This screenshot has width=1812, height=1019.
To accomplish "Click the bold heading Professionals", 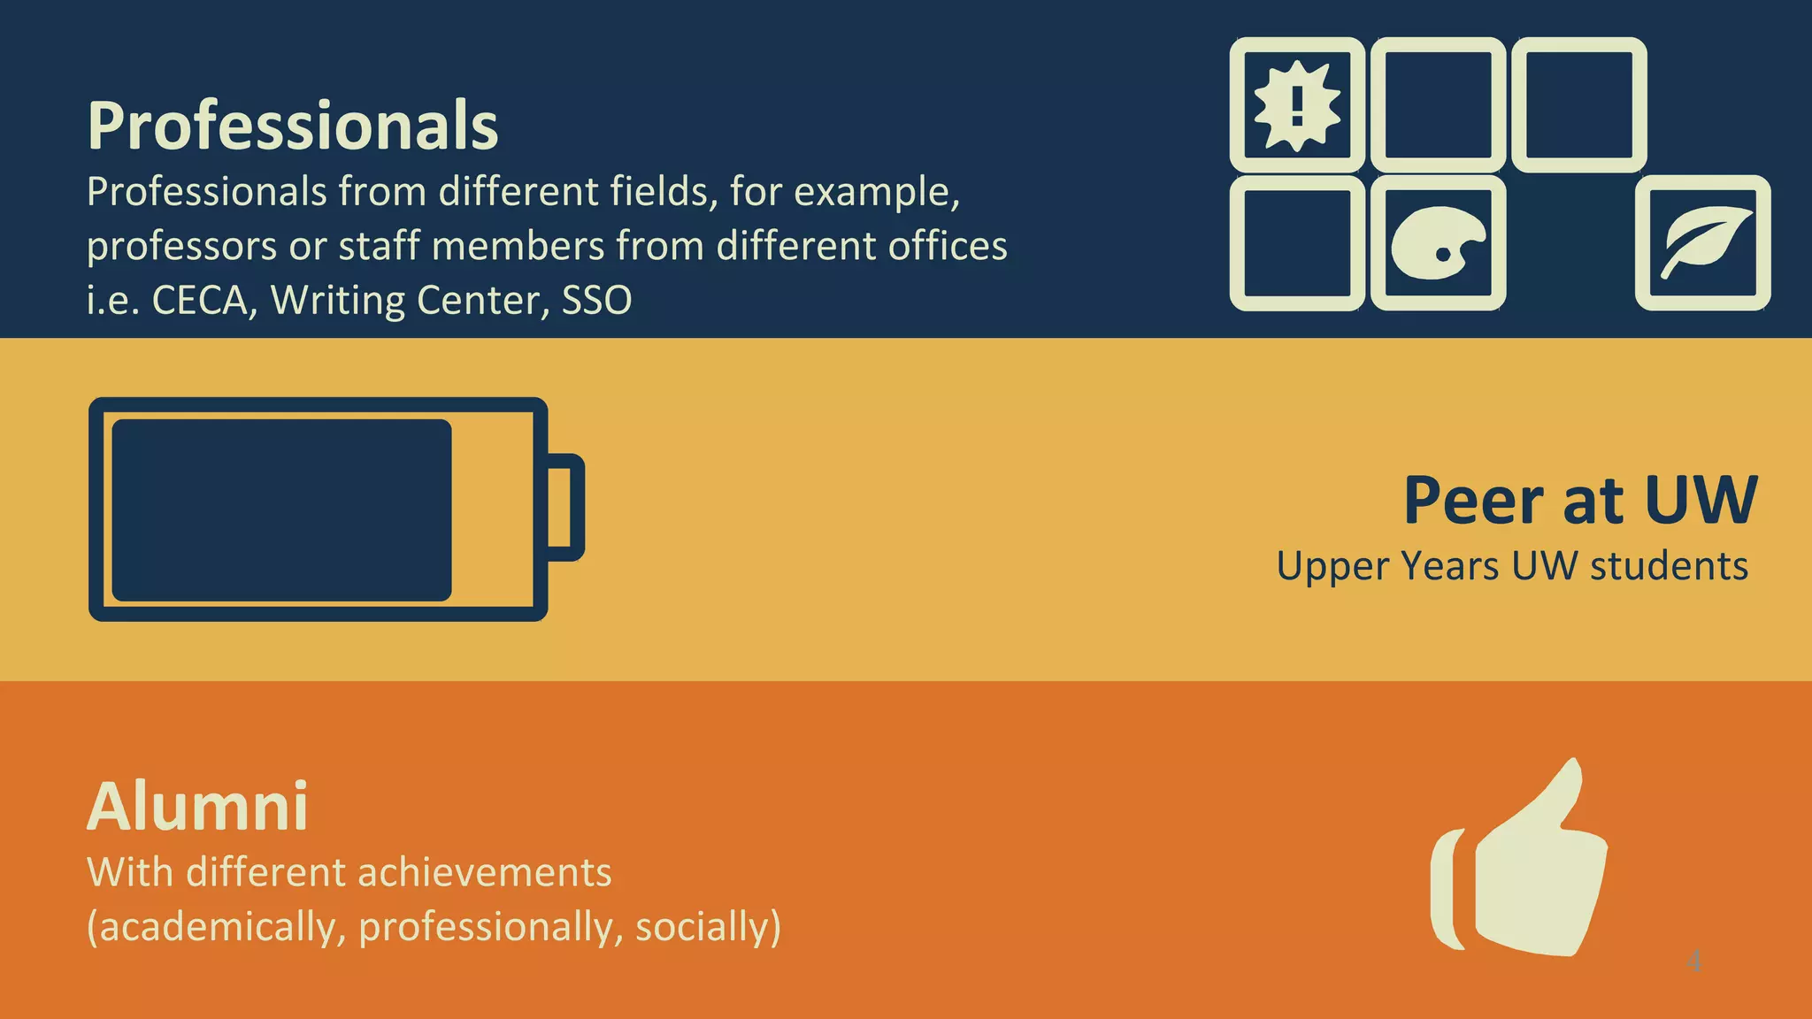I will click(x=293, y=126).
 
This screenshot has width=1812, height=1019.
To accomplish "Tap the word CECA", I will click(x=200, y=301).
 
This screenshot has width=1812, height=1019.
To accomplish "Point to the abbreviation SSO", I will click(x=596, y=301).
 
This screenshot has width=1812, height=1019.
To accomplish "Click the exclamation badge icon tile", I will click(x=1297, y=105).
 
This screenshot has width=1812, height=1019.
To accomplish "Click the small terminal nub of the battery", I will click(x=567, y=508).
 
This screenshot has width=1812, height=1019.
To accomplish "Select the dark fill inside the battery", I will click(x=281, y=510).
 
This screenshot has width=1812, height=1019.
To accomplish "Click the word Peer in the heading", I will click(x=1474, y=502).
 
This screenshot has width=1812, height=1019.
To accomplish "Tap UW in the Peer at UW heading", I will click(x=1701, y=502).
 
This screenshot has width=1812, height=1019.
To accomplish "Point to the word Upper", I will click(x=1332, y=567).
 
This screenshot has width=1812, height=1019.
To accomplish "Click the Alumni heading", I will click(x=198, y=807).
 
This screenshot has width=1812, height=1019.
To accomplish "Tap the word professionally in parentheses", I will click(x=491, y=927).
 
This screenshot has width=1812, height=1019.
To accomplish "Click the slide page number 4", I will click(x=1693, y=961).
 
